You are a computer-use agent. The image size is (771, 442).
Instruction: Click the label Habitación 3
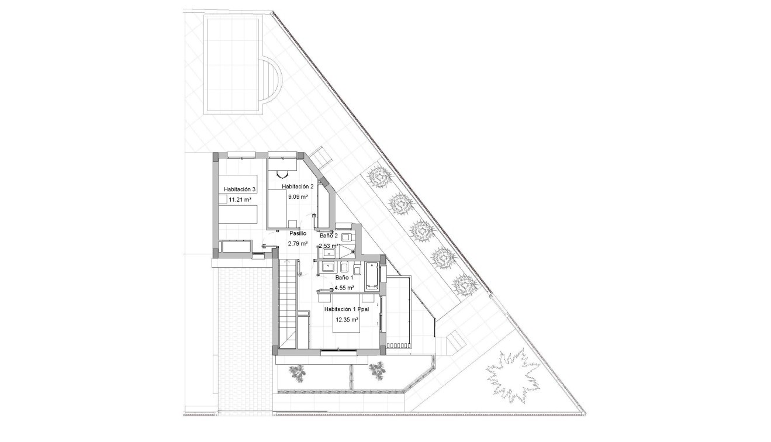[240, 189]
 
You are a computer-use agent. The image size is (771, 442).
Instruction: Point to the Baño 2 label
[329, 235]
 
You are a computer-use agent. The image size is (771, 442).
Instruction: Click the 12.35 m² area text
[347, 320]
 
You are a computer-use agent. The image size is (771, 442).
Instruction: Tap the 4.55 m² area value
[344, 288]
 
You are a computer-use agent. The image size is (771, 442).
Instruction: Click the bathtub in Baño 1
[371, 276]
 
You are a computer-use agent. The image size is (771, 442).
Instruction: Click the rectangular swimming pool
[233, 66]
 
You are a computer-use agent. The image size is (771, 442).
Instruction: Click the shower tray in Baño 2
[345, 251]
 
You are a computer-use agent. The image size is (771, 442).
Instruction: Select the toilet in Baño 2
[345, 237]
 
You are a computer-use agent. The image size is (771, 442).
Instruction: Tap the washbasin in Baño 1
[327, 268]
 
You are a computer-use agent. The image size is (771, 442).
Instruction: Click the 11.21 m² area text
[240, 199]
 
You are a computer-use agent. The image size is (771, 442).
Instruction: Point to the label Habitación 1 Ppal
[347, 309]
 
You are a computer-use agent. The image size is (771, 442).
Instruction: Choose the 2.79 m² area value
[298, 243]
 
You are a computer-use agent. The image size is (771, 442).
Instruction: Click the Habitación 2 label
[298, 187]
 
